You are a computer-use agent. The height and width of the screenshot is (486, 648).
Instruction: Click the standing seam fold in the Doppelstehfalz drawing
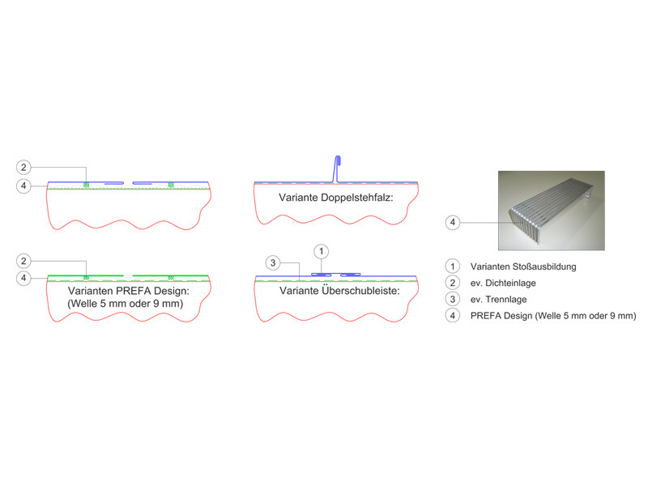click(x=337, y=168)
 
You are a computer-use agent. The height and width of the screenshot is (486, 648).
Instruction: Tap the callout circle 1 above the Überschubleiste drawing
click(x=321, y=251)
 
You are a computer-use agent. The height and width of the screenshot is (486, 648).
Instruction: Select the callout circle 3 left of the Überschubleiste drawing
click(x=273, y=262)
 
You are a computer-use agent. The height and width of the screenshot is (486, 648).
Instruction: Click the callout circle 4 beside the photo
click(x=453, y=222)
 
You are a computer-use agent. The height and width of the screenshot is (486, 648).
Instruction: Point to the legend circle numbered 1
click(x=453, y=266)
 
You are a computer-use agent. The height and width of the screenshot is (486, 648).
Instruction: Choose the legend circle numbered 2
click(x=453, y=283)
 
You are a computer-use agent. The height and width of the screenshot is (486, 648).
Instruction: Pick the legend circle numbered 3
click(x=453, y=299)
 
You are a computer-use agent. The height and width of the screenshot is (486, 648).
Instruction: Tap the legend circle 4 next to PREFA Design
click(x=453, y=316)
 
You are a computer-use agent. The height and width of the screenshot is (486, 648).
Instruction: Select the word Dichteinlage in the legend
click(x=510, y=283)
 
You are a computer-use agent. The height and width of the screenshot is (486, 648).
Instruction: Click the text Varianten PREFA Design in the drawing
click(x=129, y=291)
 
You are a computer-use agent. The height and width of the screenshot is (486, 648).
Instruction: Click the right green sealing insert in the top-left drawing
click(x=171, y=185)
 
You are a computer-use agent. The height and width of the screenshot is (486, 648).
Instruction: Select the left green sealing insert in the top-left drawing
click(x=86, y=185)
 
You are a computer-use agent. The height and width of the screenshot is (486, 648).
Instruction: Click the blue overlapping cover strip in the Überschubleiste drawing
click(x=336, y=275)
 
